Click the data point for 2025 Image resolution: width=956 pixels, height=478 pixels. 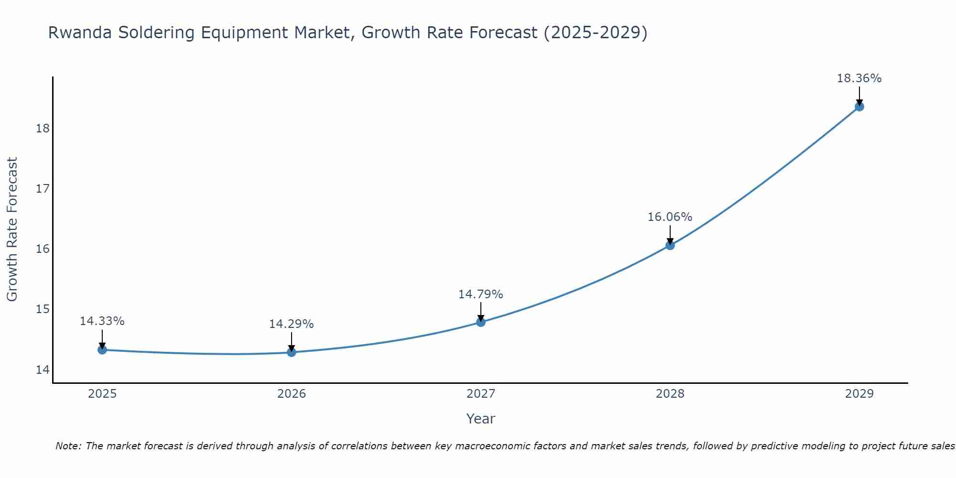coord(102,350)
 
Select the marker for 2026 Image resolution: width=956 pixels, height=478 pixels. coord(292,352)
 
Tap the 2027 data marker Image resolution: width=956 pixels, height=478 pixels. coord(481,322)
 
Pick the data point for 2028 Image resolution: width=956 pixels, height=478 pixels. coord(670,246)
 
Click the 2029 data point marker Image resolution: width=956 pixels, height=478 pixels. coord(859,107)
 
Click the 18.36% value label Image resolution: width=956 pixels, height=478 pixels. coord(859,78)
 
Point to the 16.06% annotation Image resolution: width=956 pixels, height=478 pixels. coord(670,217)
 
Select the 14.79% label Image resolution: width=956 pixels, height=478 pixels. coord(480,294)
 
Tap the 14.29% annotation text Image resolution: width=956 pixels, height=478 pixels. coord(291,324)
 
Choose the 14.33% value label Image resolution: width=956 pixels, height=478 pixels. coord(102,321)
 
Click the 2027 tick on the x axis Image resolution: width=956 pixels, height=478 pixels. coord(481,394)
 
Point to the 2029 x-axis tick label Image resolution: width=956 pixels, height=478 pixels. coord(859,394)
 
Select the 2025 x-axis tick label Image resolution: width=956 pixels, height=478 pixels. coord(102,394)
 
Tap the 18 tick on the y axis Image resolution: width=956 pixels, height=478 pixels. coord(43,129)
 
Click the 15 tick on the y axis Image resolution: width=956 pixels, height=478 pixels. coord(43,309)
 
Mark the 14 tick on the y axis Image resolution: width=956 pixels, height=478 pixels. coord(43,369)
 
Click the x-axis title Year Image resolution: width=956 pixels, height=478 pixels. coord(480,419)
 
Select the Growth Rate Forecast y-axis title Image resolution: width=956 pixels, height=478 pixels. coord(12,229)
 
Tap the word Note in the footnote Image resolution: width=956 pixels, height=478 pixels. coord(68,446)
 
